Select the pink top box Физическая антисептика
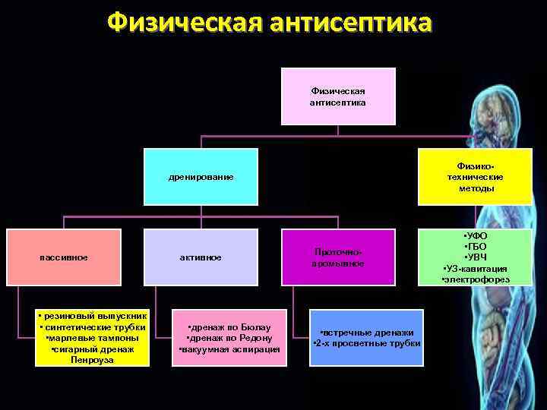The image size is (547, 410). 338,96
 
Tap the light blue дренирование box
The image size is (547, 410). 201,177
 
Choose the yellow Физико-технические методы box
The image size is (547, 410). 476,176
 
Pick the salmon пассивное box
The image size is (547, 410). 64,257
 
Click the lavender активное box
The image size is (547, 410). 201,257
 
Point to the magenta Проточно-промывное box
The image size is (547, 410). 338,257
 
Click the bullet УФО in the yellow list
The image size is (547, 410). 476,237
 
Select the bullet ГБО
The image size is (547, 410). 476,248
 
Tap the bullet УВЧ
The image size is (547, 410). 476,258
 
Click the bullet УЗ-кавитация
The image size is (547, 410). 476,269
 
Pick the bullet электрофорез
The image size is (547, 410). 476,279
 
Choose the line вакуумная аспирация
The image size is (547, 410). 229,349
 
